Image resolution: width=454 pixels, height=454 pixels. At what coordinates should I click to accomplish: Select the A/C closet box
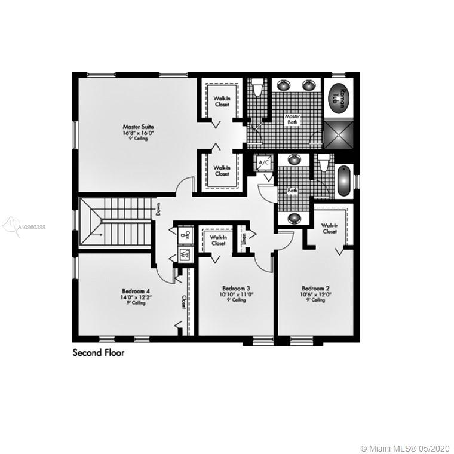(x=263, y=161)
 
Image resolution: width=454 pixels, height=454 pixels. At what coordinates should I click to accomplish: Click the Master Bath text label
(x=292, y=119)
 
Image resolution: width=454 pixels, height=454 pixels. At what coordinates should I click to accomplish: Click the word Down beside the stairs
(x=159, y=209)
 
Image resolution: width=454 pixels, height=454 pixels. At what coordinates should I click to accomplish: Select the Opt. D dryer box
(x=186, y=235)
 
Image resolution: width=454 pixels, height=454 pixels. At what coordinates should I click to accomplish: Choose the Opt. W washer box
(x=186, y=254)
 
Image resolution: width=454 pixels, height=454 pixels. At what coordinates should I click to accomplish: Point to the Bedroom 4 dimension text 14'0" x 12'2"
(x=136, y=297)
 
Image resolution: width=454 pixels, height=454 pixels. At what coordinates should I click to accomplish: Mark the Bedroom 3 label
(x=235, y=287)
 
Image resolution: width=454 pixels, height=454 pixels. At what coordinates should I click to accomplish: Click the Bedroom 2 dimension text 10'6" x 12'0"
(x=316, y=294)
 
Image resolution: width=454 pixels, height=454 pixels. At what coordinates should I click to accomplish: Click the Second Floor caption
(x=99, y=353)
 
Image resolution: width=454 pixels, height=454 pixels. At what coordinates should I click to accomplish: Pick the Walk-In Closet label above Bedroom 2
(x=329, y=228)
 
